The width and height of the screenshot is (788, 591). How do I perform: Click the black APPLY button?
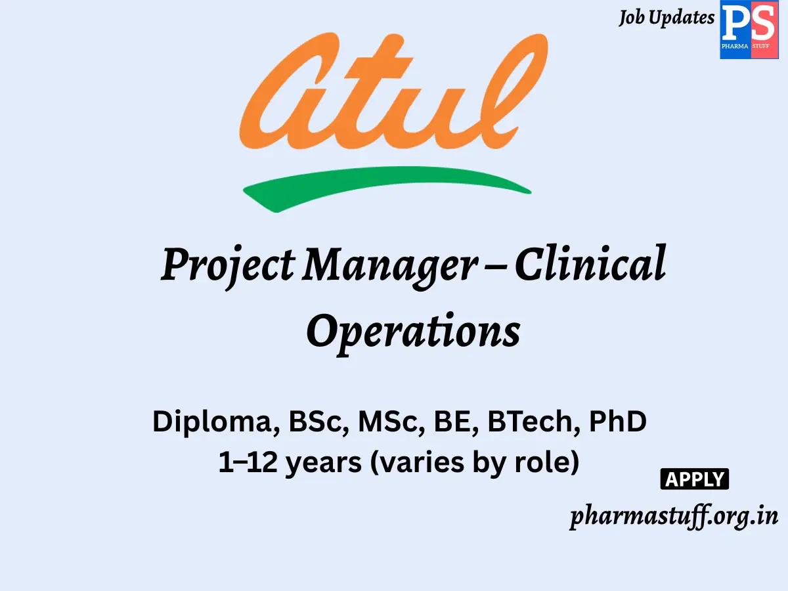click(694, 479)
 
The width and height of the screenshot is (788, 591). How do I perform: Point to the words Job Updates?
click(666, 18)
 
